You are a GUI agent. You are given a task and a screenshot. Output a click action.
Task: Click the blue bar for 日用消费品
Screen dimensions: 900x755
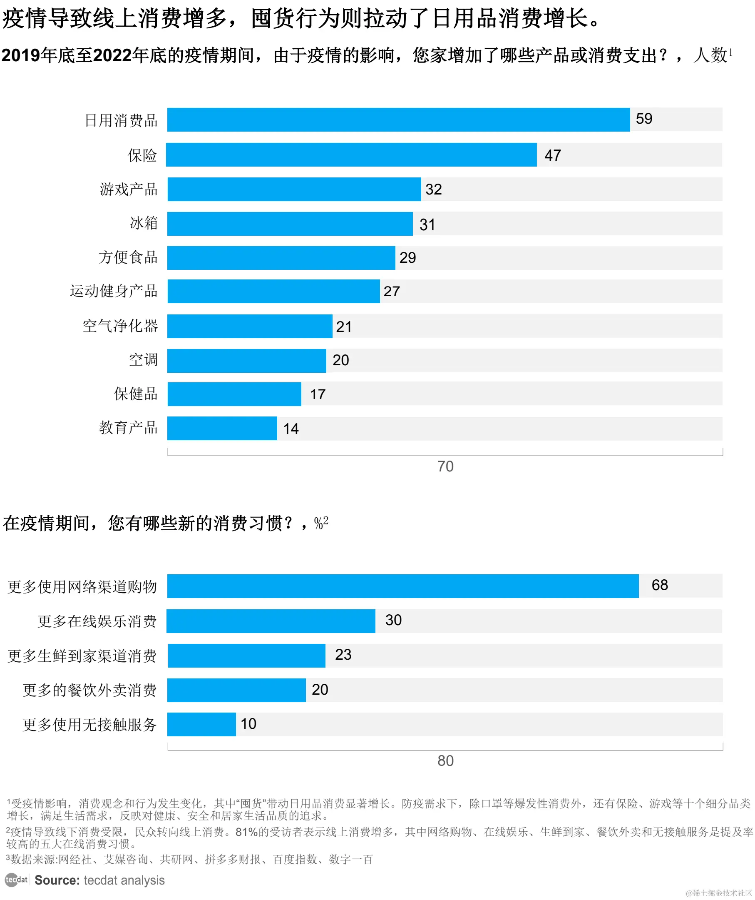398,120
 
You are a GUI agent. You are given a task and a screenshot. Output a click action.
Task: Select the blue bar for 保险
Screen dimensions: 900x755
351,155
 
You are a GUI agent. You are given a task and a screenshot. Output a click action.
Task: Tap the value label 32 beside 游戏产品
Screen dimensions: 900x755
433,189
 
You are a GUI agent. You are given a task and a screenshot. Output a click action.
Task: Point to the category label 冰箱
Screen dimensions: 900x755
144,223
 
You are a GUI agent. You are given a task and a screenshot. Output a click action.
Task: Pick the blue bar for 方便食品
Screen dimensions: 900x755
281,258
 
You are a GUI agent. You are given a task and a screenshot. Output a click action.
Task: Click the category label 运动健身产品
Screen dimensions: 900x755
114,291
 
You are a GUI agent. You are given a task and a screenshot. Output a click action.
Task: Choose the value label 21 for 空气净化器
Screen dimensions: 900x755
344,327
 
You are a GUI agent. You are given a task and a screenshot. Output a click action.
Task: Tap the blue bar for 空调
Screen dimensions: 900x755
247,361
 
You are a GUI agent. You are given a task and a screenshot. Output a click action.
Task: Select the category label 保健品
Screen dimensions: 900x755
136,394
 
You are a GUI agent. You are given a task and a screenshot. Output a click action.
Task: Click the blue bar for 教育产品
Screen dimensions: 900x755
222,428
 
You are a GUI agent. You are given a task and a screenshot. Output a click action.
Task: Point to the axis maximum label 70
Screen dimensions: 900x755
445,466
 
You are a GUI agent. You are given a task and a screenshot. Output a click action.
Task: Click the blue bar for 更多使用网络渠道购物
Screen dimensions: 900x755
402,586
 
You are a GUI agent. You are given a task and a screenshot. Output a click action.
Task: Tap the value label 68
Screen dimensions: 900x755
660,585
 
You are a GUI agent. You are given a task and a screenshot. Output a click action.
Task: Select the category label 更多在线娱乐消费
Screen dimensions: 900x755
97,621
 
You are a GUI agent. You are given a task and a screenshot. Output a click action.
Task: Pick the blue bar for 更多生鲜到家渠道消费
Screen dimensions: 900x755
247,656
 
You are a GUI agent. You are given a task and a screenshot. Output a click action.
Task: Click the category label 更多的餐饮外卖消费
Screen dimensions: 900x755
89,691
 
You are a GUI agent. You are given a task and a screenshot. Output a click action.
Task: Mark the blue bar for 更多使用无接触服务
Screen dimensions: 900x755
201,724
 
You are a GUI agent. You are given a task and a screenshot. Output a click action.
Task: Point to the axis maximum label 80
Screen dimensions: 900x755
445,761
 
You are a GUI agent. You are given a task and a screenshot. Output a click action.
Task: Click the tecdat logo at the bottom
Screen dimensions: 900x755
16,880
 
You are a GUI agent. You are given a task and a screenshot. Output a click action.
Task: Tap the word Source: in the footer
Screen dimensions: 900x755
57,880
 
